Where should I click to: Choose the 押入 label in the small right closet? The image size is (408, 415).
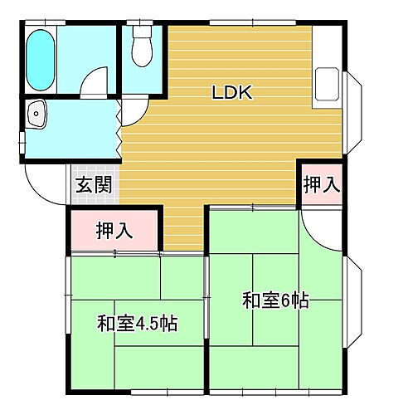coord(321,185)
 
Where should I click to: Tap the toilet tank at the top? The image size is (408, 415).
coord(142,34)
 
